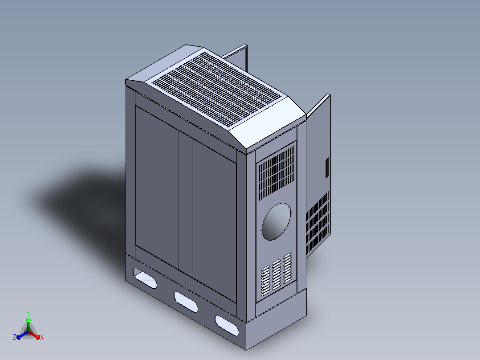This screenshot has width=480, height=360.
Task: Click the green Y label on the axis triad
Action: pyautogui.click(x=28, y=313)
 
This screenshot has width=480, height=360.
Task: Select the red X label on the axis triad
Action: pyautogui.click(x=42, y=338)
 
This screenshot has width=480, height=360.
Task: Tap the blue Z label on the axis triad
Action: pyautogui.click(x=15, y=337)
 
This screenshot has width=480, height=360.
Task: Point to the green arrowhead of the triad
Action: pyautogui.click(x=28, y=320)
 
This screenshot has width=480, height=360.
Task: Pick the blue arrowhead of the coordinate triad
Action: pyautogui.click(x=19, y=336)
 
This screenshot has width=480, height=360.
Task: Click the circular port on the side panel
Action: pyautogui.click(x=276, y=221)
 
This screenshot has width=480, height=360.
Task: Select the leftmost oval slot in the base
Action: pyautogui.click(x=143, y=277)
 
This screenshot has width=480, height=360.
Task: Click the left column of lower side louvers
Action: pyautogui.click(x=265, y=281)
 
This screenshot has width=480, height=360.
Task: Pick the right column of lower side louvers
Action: pyautogui.click(x=287, y=268)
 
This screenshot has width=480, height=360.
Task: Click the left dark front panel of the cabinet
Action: pyautogui.click(x=157, y=187)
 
